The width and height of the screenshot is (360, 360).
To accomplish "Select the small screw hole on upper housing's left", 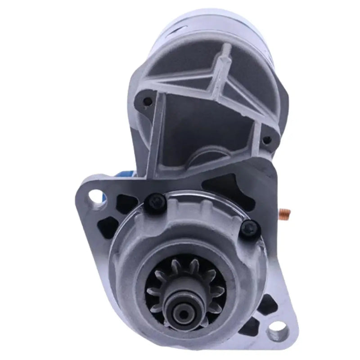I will point(146,102).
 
